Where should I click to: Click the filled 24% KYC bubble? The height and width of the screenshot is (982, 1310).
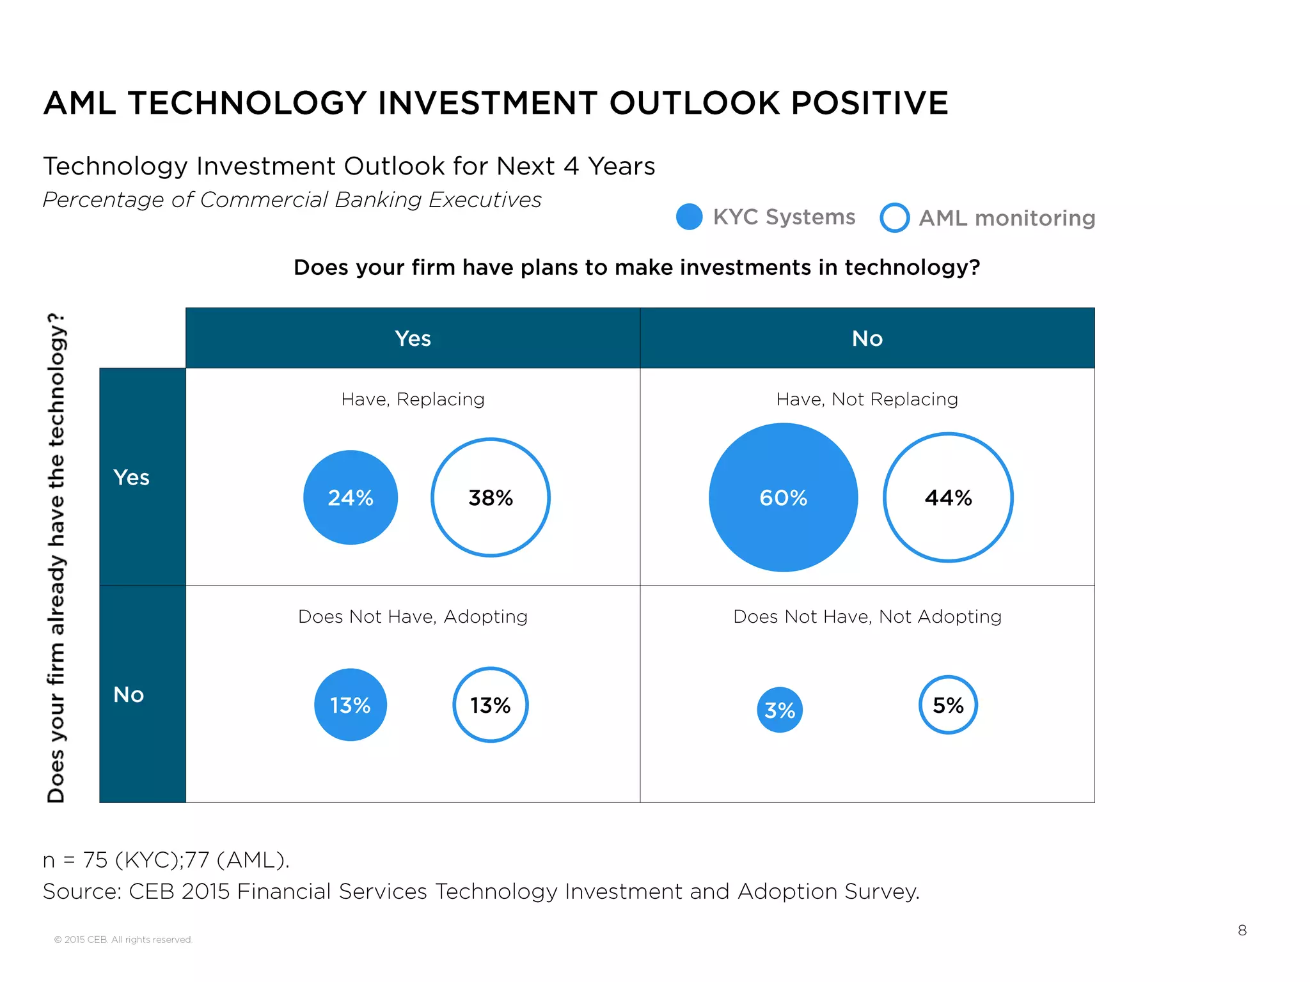[x=351, y=497]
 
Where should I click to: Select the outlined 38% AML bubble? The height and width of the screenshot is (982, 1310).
[x=491, y=497]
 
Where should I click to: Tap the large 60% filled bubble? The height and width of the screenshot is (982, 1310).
[x=783, y=497]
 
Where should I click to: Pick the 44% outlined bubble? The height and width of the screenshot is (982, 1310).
[x=948, y=497]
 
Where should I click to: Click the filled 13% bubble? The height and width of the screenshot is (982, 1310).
[x=351, y=705]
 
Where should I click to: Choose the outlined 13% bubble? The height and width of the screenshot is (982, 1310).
[x=491, y=705]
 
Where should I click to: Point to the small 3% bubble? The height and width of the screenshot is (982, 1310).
[x=780, y=710]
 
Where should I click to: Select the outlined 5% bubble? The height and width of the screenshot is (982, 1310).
[x=948, y=705]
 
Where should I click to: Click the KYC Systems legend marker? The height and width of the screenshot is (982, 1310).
[x=690, y=217]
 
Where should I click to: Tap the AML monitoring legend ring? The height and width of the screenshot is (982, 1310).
[x=894, y=217]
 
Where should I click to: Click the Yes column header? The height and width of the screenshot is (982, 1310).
[x=413, y=338]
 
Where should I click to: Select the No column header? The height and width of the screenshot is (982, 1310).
[x=867, y=338]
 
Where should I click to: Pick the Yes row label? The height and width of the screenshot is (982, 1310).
[x=132, y=477]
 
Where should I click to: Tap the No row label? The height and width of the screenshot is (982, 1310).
[x=129, y=694]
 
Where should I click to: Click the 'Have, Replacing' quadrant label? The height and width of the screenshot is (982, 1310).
[x=413, y=399]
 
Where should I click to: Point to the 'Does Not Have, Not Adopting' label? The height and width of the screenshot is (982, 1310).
[x=867, y=616]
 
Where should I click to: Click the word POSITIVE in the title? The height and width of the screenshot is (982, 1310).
[x=869, y=103]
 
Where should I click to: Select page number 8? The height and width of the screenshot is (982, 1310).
[x=1242, y=930]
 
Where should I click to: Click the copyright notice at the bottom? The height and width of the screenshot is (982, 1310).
[x=123, y=939]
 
